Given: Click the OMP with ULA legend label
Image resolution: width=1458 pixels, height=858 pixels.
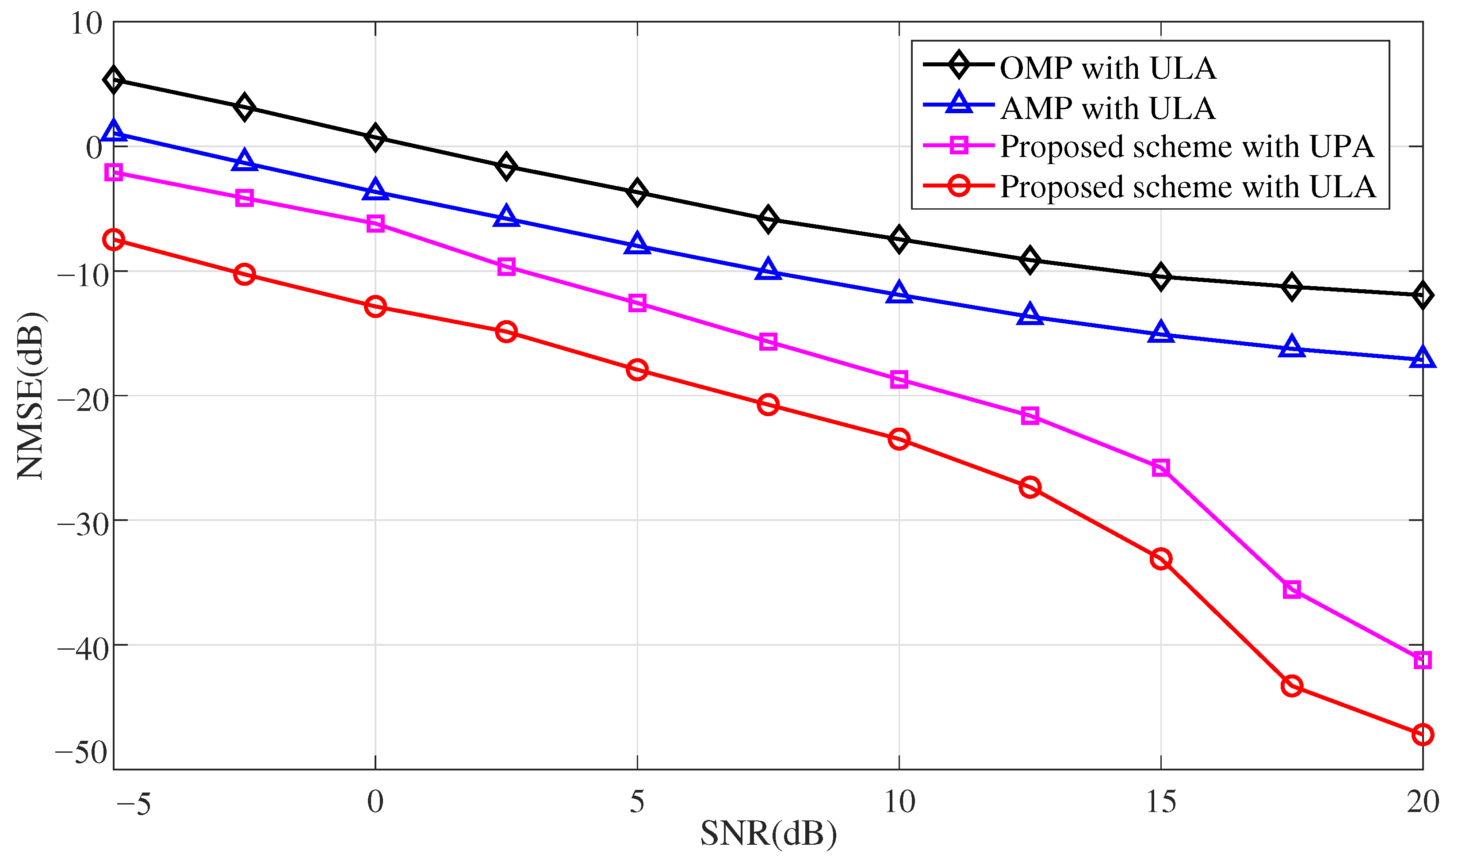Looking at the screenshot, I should [1107, 68].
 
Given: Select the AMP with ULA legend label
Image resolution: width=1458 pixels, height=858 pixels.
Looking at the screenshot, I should [1107, 108].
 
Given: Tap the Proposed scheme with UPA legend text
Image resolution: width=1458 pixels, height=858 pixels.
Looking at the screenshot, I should [1186, 146].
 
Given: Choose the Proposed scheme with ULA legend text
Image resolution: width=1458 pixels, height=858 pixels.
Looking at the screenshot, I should [1187, 187].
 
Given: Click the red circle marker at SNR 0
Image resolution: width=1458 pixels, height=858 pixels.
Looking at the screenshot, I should [375, 306].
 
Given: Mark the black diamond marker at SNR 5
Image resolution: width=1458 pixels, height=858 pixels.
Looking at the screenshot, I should [637, 192].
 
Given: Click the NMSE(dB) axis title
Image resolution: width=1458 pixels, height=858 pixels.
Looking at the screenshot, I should [30, 396].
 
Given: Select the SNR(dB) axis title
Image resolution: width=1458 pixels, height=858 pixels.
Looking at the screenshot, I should [768, 834].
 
